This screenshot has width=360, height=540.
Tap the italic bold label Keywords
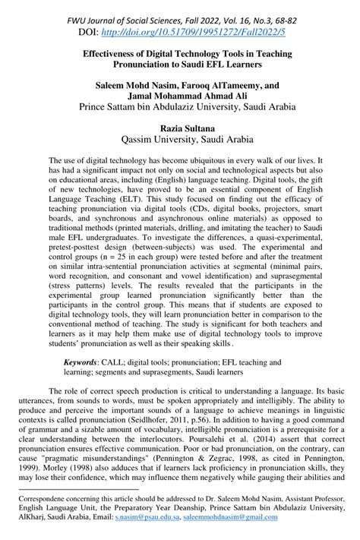pyautogui.click(x=84, y=364)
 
